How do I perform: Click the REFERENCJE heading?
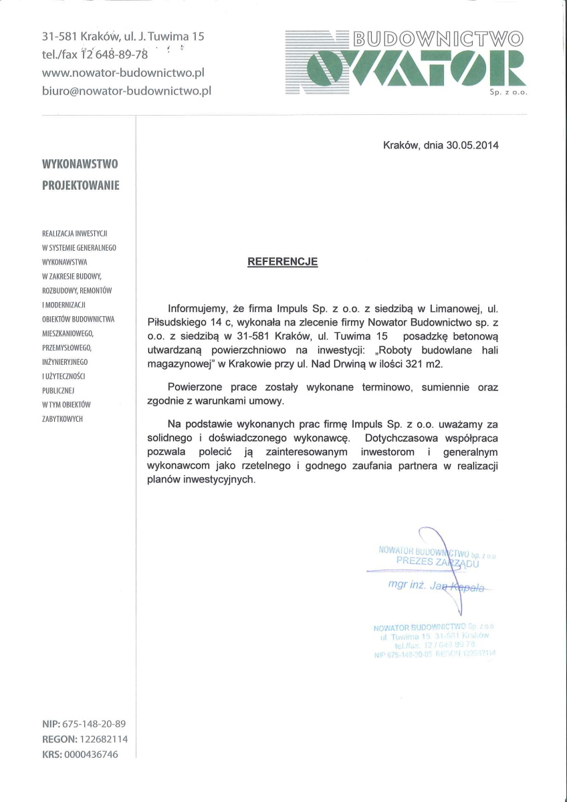click(x=283, y=262)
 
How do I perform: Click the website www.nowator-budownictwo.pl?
click(x=123, y=72)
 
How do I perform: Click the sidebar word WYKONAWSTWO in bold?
click(x=80, y=163)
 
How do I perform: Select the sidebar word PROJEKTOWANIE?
click(x=81, y=185)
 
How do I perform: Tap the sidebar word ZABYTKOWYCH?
click(x=62, y=418)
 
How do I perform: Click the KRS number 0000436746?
click(x=91, y=755)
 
